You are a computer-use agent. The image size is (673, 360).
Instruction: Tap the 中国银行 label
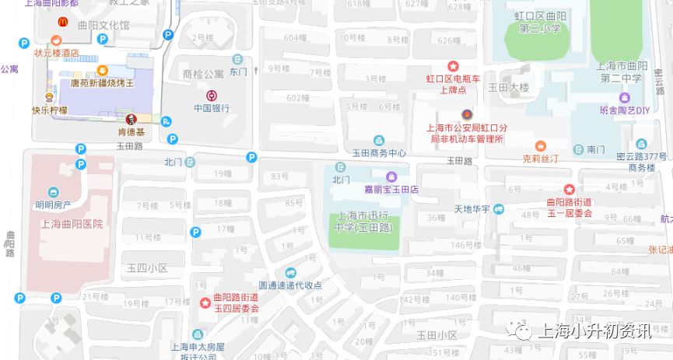212,108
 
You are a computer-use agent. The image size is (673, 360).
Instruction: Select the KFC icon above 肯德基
131,120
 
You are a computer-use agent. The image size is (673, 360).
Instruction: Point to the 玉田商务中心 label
379,153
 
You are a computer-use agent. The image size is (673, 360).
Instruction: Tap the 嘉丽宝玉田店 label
391,189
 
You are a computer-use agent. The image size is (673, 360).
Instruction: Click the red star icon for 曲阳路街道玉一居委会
569,190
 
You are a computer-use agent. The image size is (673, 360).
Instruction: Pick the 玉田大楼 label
508,88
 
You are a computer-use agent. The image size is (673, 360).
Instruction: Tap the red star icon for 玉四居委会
205,302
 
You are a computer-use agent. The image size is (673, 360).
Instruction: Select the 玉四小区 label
147,268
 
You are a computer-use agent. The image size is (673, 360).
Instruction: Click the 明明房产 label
53,205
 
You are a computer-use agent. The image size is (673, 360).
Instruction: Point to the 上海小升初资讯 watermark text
594,331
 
